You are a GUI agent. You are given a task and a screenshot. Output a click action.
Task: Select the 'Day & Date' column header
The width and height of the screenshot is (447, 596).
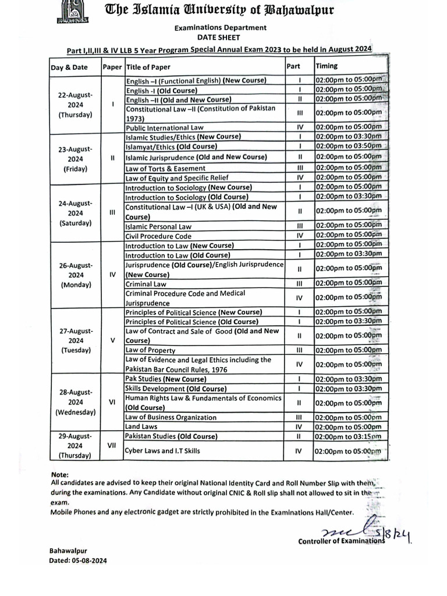tap(69, 67)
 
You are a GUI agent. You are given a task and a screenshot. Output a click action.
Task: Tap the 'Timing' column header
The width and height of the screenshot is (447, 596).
tap(327, 66)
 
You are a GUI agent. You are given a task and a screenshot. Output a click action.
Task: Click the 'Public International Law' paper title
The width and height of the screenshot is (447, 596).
tap(165, 127)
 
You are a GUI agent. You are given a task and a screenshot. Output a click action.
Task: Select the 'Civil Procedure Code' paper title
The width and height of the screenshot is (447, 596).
tap(158, 236)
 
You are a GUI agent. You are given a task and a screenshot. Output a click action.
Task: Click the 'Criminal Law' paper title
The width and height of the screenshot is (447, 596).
tap(146, 283)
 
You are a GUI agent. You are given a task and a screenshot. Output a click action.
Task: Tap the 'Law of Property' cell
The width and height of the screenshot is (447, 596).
tap(151, 350)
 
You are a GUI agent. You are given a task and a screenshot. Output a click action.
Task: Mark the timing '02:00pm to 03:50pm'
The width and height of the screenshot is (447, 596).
tap(348, 146)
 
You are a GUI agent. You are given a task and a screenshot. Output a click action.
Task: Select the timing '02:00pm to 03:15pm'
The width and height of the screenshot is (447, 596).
tap(348, 437)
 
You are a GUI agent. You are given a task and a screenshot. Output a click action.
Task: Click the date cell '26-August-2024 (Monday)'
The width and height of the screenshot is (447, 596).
tap(75, 275)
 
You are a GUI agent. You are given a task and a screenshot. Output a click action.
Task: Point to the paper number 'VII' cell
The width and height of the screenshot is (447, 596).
tap(112, 446)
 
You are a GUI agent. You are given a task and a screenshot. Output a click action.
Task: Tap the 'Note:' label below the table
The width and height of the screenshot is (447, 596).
tap(60, 474)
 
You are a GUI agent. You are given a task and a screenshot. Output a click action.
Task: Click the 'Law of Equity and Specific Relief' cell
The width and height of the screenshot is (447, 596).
tap(177, 178)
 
